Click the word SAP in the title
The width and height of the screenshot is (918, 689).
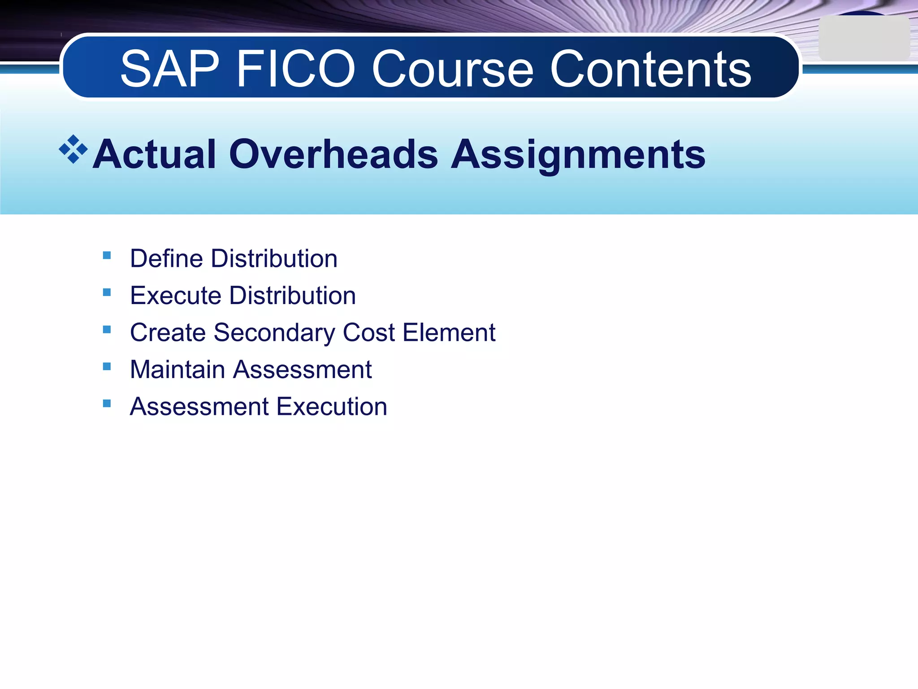pyautogui.click(x=170, y=69)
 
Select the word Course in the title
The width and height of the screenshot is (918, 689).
pyautogui.click(x=453, y=69)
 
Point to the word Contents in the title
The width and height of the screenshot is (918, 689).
pyautogui.click(x=650, y=69)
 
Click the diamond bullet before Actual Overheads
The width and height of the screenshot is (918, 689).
pyautogui.click(x=73, y=149)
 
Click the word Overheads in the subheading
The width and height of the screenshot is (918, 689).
pyautogui.click(x=333, y=154)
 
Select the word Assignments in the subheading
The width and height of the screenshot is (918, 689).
pyautogui.click(x=578, y=154)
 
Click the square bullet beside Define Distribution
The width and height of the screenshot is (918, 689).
pyautogui.click(x=107, y=256)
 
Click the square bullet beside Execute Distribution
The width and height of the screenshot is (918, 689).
pyautogui.click(x=107, y=292)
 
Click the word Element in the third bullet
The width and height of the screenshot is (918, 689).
pyautogui.click(x=449, y=333)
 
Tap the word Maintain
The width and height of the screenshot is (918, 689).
pyautogui.click(x=178, y=370)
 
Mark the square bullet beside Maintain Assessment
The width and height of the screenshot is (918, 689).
pyautogui.click(x=107, y=366)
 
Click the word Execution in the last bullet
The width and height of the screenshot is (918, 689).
pyautogui.click(x=332, y=407)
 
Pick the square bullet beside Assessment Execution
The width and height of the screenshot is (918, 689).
pyautogui.click(x=107, y=403)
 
